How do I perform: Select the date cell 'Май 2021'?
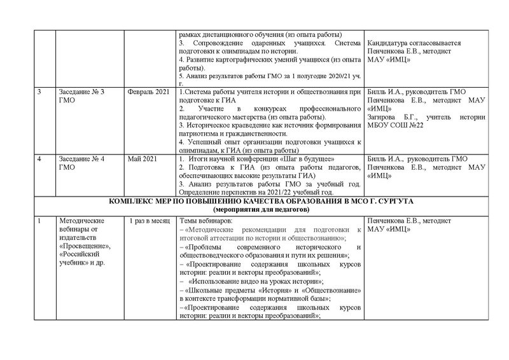(x=142, y=158)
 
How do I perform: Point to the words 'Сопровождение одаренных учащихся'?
(x=250, y=43)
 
